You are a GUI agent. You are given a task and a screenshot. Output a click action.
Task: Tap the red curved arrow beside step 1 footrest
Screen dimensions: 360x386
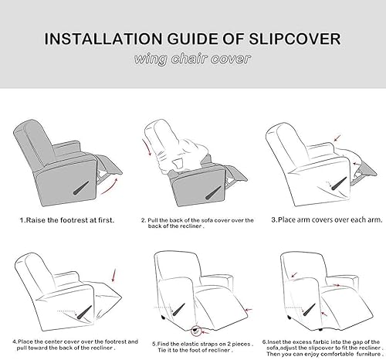click(x=113, y=185)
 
